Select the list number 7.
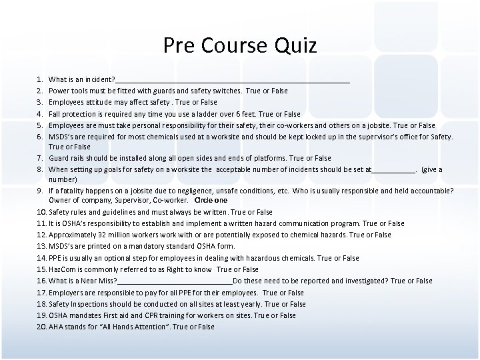[40, 158]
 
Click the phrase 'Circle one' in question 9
[211, 201]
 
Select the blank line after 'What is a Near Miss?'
[175, 281]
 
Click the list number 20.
[41, 327]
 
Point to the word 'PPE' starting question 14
[55, 258]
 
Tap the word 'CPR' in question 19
[161, 315]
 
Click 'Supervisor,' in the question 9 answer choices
[134, 201]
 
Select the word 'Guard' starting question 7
[59, 158]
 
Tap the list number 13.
[41, 246]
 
